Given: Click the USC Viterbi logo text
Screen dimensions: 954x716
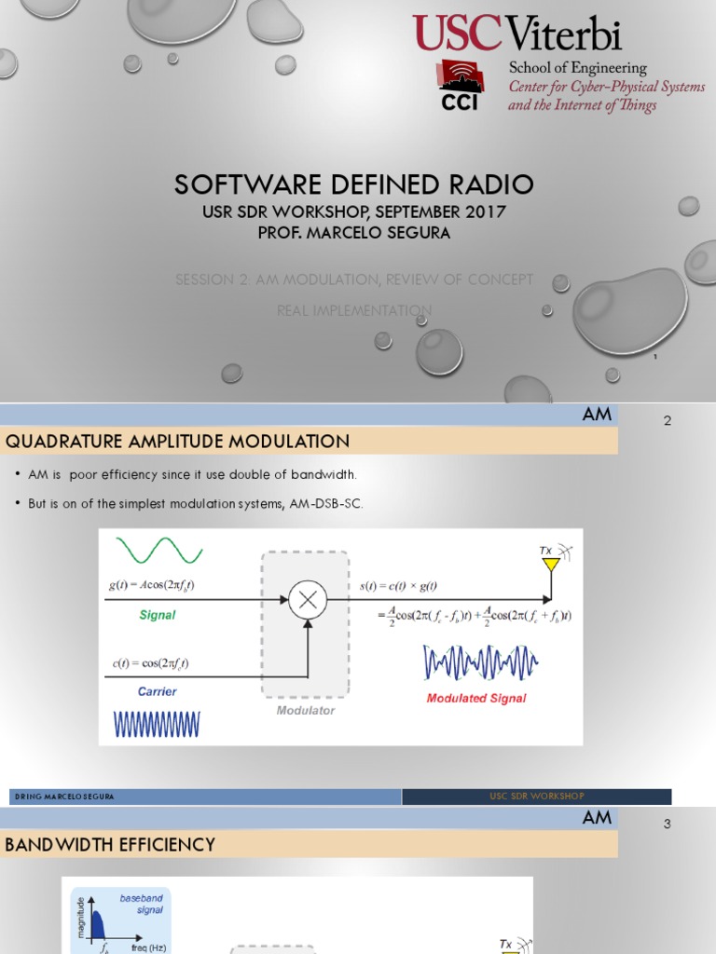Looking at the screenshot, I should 517,34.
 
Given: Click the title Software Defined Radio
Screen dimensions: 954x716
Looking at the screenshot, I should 353,184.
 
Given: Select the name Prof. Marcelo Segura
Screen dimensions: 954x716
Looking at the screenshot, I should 353,233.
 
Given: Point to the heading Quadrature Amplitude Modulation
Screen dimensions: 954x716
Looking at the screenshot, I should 178,442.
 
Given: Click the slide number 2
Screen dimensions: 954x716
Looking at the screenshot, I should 667,421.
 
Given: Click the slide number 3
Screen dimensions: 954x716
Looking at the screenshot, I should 667,824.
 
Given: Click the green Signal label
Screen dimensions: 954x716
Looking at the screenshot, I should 157,615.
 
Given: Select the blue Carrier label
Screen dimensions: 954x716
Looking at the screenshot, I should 157,691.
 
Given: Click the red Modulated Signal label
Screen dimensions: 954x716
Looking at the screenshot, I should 475,698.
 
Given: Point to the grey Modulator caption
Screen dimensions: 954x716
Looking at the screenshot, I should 305,710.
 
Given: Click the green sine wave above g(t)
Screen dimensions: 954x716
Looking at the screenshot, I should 158,551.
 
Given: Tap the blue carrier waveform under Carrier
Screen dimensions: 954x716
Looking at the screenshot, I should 157,724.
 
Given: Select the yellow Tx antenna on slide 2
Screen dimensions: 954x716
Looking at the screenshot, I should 551,564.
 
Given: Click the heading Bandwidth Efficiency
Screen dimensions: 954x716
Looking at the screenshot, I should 110,845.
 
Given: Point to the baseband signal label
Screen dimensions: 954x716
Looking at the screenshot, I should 141,904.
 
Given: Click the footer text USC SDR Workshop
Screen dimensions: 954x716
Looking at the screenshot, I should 536,797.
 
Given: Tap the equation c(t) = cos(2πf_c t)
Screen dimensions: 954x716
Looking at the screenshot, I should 149,663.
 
